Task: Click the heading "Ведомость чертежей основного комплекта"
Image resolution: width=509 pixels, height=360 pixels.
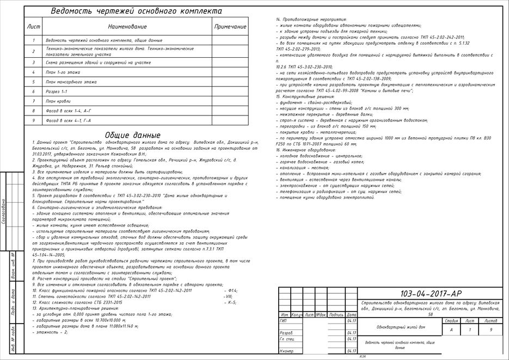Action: [136, 11]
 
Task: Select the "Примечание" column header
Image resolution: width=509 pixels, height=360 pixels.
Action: [230, 26]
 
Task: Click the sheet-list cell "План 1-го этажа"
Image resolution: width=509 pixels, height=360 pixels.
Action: [63, 72]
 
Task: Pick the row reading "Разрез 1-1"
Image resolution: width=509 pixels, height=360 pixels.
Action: [57, 91]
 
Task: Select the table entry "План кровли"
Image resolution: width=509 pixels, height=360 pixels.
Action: [58, 101]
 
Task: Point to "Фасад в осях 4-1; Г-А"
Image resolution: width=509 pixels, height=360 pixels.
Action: [69, 120]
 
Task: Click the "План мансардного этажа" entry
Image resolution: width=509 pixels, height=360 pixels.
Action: [71, 82]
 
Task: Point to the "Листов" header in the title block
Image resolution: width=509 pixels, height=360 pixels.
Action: [490, 321]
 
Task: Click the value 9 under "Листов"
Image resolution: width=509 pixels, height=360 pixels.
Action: [490, 330]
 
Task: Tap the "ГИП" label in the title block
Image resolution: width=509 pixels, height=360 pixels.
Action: [283, 321]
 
